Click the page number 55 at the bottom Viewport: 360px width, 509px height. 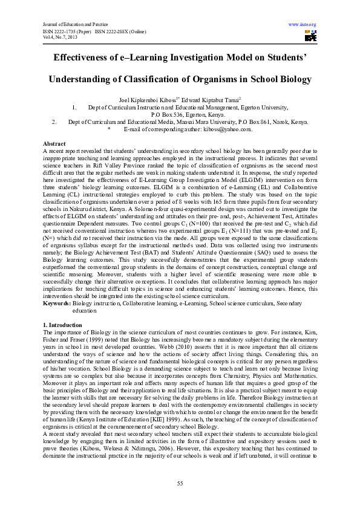pyautogui.click(x=180, y=483)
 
